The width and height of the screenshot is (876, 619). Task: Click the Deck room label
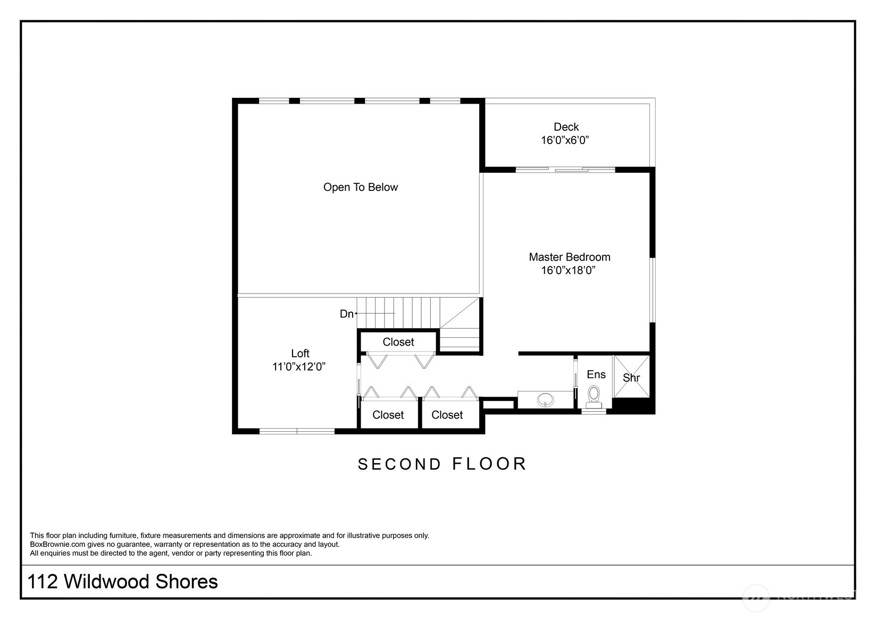click(x=566, y=127)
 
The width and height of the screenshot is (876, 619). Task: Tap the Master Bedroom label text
click(x=570, y=257)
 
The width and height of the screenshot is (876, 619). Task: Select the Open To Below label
click(x=361, y=187)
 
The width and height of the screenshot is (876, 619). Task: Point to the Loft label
click(x=300, y=353)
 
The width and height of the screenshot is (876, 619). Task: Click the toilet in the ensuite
click(x=594, y=397)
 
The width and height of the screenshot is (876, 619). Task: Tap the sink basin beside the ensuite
click(x=545, y=399)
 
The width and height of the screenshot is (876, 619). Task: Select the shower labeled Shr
click(x=631, y=376)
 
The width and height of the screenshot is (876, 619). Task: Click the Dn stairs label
click(x=346, y=314)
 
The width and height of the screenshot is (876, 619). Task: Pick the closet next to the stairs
click(x=398, y=342)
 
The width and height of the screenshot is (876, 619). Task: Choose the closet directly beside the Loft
click(x=388, y=414)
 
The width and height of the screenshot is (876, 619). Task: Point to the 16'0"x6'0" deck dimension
click(x=565, y=140)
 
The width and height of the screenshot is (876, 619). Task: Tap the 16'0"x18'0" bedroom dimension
click(x=568, y=270)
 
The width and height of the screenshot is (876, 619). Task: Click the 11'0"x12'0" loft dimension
click(x=299, y=366)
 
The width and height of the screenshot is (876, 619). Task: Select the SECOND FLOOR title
click(x=442, y=464)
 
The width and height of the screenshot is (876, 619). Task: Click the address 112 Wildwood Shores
click(x=122, y=581)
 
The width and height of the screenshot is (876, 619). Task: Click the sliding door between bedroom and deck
click(x=565, y=169)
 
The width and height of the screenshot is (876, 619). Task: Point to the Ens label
click(x=596, y=374)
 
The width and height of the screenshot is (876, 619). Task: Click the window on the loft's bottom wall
click(x=297, y=431)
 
